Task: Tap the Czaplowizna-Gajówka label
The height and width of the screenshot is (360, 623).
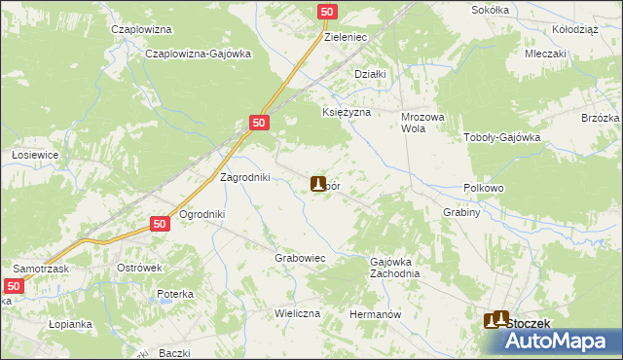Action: (198, 54)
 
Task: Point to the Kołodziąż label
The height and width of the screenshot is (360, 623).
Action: (573, 29)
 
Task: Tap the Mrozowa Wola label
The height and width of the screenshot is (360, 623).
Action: (422, 122)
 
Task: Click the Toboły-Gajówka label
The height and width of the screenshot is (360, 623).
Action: (501, 138)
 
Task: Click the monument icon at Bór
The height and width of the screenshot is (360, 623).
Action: (317, 183)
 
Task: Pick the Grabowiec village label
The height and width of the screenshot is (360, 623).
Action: (299, 258)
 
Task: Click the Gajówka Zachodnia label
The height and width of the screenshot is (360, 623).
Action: (395, 268)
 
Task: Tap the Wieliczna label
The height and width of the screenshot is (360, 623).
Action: (298, 315)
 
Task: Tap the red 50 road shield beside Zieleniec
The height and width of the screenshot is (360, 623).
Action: (327, 12)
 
